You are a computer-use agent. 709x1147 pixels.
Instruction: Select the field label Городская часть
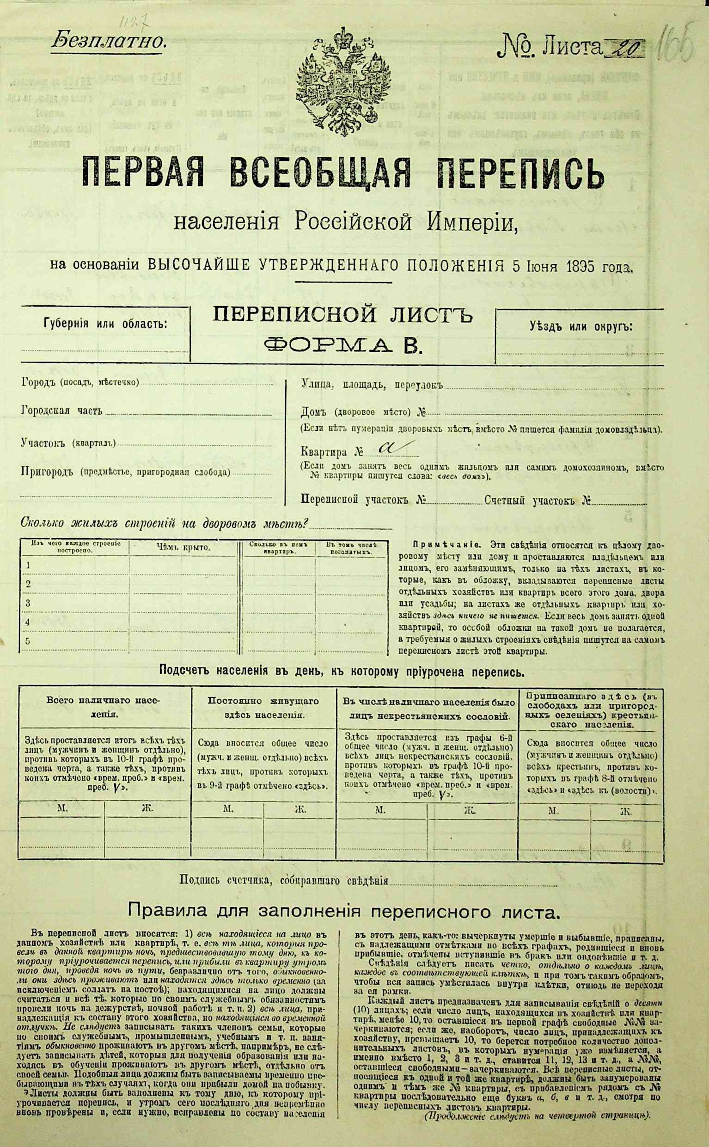click(x=61, y=411)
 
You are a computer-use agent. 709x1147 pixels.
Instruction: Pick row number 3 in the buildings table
click(x=28, y=603)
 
